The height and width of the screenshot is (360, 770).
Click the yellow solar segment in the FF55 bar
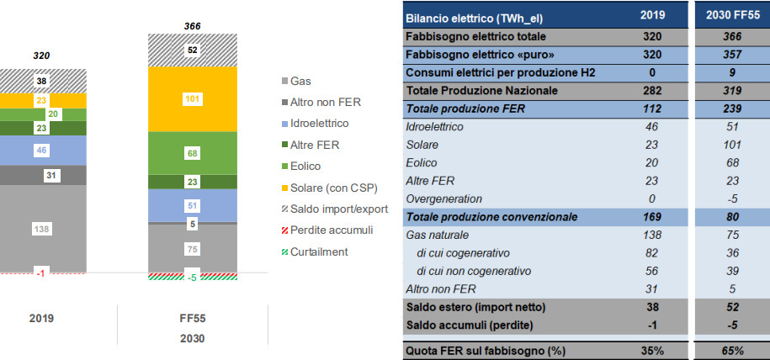click(193, 99)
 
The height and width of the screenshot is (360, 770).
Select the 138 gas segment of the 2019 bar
click(43, 229)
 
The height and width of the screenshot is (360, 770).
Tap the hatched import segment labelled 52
click(193, 50)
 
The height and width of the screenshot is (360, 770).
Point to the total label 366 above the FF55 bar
click(193, 27)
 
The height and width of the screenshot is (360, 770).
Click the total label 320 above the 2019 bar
click(42, 56)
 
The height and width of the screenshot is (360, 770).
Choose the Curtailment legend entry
click(314, 252)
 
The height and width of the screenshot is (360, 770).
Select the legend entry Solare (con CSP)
click(329, 188)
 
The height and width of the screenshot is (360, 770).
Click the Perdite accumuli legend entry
click(327, 230)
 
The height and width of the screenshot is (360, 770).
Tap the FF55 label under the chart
click(193, 319)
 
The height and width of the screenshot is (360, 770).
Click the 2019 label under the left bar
click(42, 319)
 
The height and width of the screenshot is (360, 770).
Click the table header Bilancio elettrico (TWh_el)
click(475, 19)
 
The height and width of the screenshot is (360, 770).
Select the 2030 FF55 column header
click(732, 15)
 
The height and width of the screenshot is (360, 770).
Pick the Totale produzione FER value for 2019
click(651, 109)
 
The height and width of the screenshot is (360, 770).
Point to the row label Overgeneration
click(444, 199)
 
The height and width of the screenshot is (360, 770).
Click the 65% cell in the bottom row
click(732, 351)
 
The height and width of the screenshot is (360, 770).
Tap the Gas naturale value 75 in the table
click(732, 236)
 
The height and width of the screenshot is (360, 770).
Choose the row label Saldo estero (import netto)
click(475, 308)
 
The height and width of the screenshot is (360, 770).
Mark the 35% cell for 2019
click(651, 351)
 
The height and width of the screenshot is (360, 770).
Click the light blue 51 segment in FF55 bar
click(193, 206)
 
